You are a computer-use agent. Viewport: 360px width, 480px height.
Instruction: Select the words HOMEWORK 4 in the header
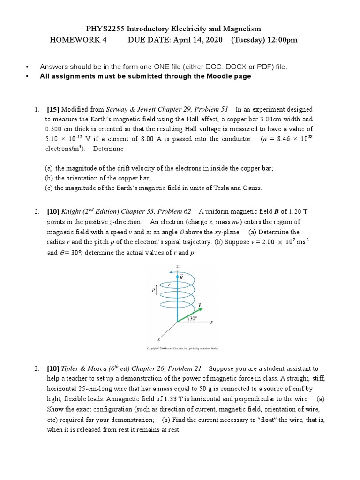tap(78, 40)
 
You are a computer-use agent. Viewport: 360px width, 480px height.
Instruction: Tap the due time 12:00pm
tap(280, 40)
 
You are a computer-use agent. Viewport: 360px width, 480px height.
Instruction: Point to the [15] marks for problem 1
tap(53, 109)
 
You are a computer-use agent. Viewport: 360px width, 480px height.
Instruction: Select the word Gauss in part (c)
tap(251, 188)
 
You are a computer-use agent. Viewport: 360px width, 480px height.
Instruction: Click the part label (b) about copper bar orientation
tap(49, 178)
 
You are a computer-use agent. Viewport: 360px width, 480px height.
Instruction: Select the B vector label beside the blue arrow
tap(181, 277)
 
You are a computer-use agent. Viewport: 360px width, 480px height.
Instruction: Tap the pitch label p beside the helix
tap(153, 291)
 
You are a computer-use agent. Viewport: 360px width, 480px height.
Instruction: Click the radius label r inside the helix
tap(170, 285)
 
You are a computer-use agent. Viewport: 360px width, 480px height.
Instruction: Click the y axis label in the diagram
tap(211, 322)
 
